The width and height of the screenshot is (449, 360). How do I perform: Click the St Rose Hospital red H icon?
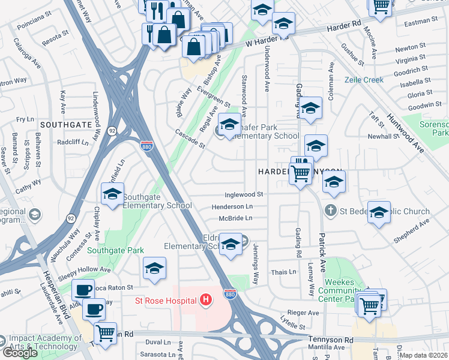tap(206, 299)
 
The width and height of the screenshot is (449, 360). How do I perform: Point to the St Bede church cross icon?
tap(329, 211)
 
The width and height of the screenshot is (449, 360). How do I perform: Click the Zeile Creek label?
tap(364, 80)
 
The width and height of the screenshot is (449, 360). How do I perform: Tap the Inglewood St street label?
tap(244, 194)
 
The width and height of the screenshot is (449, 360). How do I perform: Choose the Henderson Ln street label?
tap(232, 206)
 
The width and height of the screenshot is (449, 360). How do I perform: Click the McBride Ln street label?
tap(235, 218)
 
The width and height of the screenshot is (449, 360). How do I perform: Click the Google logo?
tap(20, 352)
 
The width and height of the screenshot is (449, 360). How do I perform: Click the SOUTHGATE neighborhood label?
tap(65, 124)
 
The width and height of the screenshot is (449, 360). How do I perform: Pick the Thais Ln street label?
tap(284, 272)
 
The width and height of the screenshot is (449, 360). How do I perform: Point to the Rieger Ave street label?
tap(303, 313)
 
